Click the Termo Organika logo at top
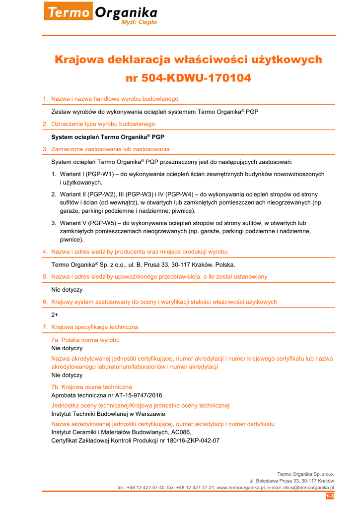click(x=101, y=13)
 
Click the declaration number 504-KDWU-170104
click(x=196, y=78)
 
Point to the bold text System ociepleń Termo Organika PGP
click(x=108, y=136)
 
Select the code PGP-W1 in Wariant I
click(x=99, y=174)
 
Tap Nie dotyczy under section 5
click(x=67, y=289)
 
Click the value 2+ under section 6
click(x=55, y=315)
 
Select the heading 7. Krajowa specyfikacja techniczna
click(x=90, y=327)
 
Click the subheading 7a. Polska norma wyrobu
click(x=85, y=340)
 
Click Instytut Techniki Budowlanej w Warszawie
click(x=108, y=414)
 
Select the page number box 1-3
click(x=330, y=496)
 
